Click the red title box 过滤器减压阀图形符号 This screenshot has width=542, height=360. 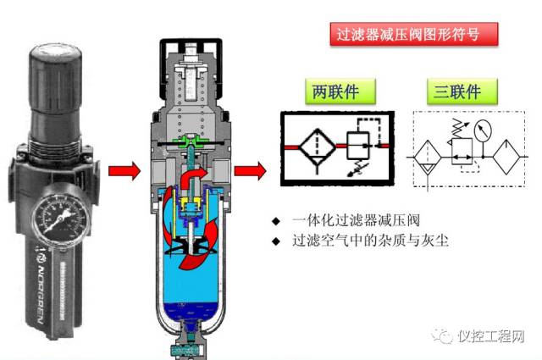coord(412,35)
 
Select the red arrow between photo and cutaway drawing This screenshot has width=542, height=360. coord(124,172)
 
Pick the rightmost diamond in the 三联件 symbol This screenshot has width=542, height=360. coord(509,158)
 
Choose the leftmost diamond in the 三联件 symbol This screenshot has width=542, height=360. coord(425,158)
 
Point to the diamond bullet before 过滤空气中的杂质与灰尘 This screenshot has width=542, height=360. coord(275,241)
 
